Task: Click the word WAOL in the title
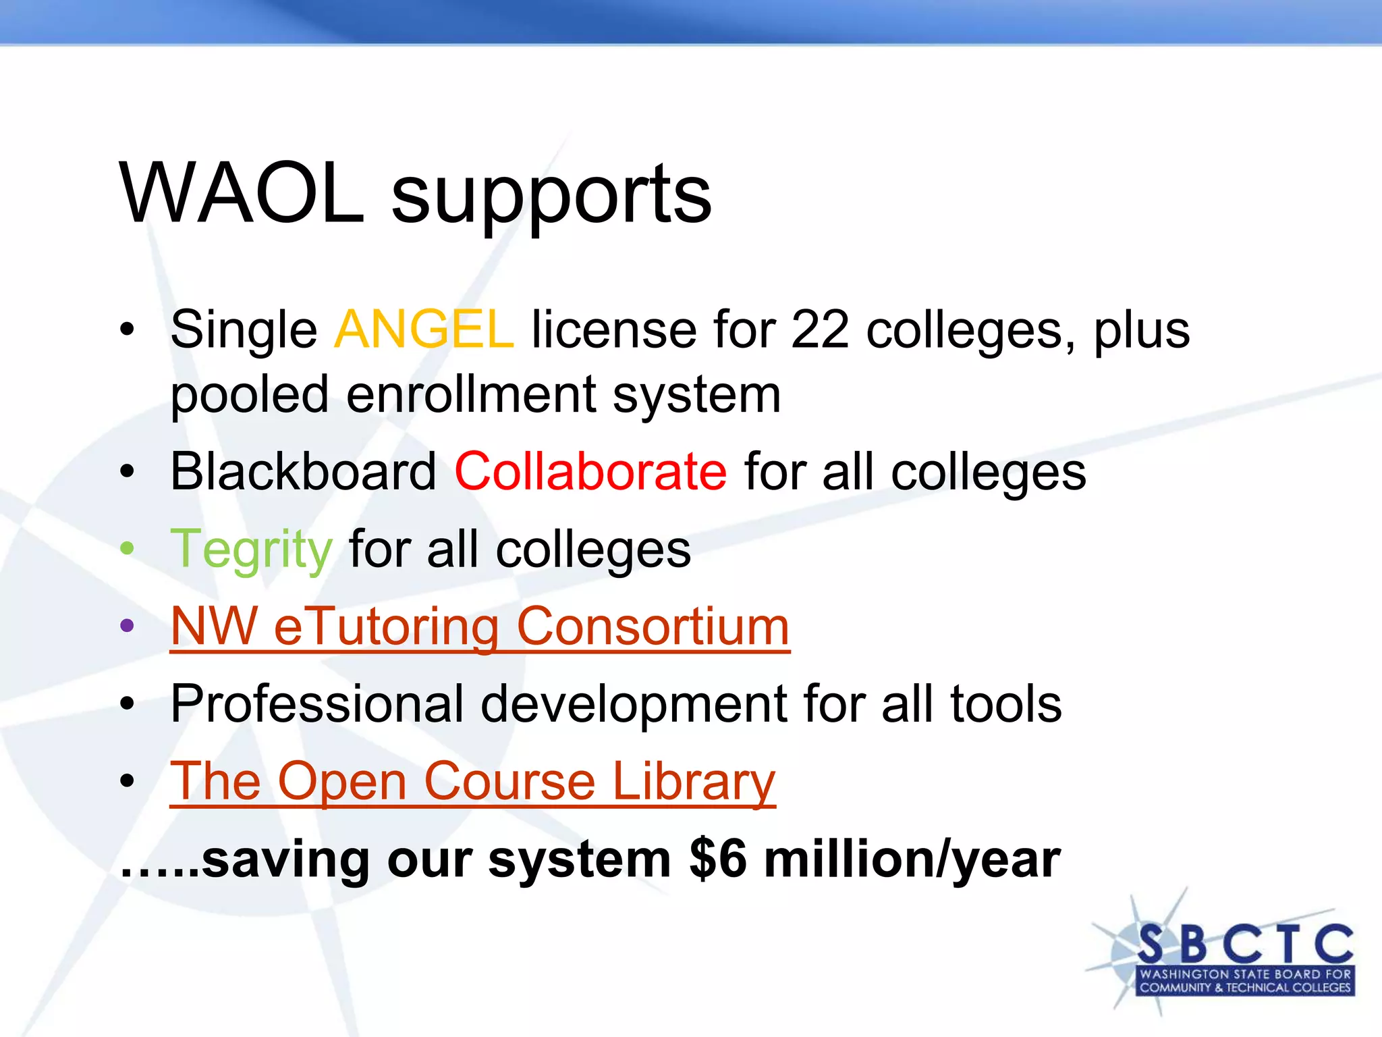point(242,194)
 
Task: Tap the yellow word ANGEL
point(424,329)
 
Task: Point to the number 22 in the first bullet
point(819,329)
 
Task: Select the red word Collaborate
point(590,471)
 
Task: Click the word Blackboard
point(303,471)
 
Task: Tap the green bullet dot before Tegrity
point(127,548)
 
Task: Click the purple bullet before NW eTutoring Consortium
point(127,626)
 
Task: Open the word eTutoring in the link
point(386,627)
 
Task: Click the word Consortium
point(653,627)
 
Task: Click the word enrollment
point(471,395)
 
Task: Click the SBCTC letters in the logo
point(1245,943)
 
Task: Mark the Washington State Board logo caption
point(1245,981)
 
